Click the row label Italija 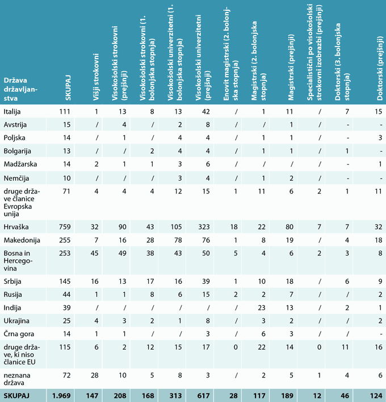click(12, 111)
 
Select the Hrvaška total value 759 click(65, 227)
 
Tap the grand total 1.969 click(61, 396)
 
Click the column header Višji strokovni click(96, 77)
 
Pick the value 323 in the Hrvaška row click(204, 227)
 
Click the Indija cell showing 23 click(261, 308)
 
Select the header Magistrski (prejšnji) click(291, 67)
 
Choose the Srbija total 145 click(65, 281)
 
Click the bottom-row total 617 click(203, 396)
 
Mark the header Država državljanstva click(20, 89)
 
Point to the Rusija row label click(12, 295)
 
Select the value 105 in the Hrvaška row click(176, 227)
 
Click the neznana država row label click(17, 379)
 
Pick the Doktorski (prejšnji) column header click(380, 68)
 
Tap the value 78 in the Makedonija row click(178, 240)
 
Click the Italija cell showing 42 click(205, 111)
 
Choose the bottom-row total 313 click(175, 396)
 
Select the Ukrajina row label click(16, 321)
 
